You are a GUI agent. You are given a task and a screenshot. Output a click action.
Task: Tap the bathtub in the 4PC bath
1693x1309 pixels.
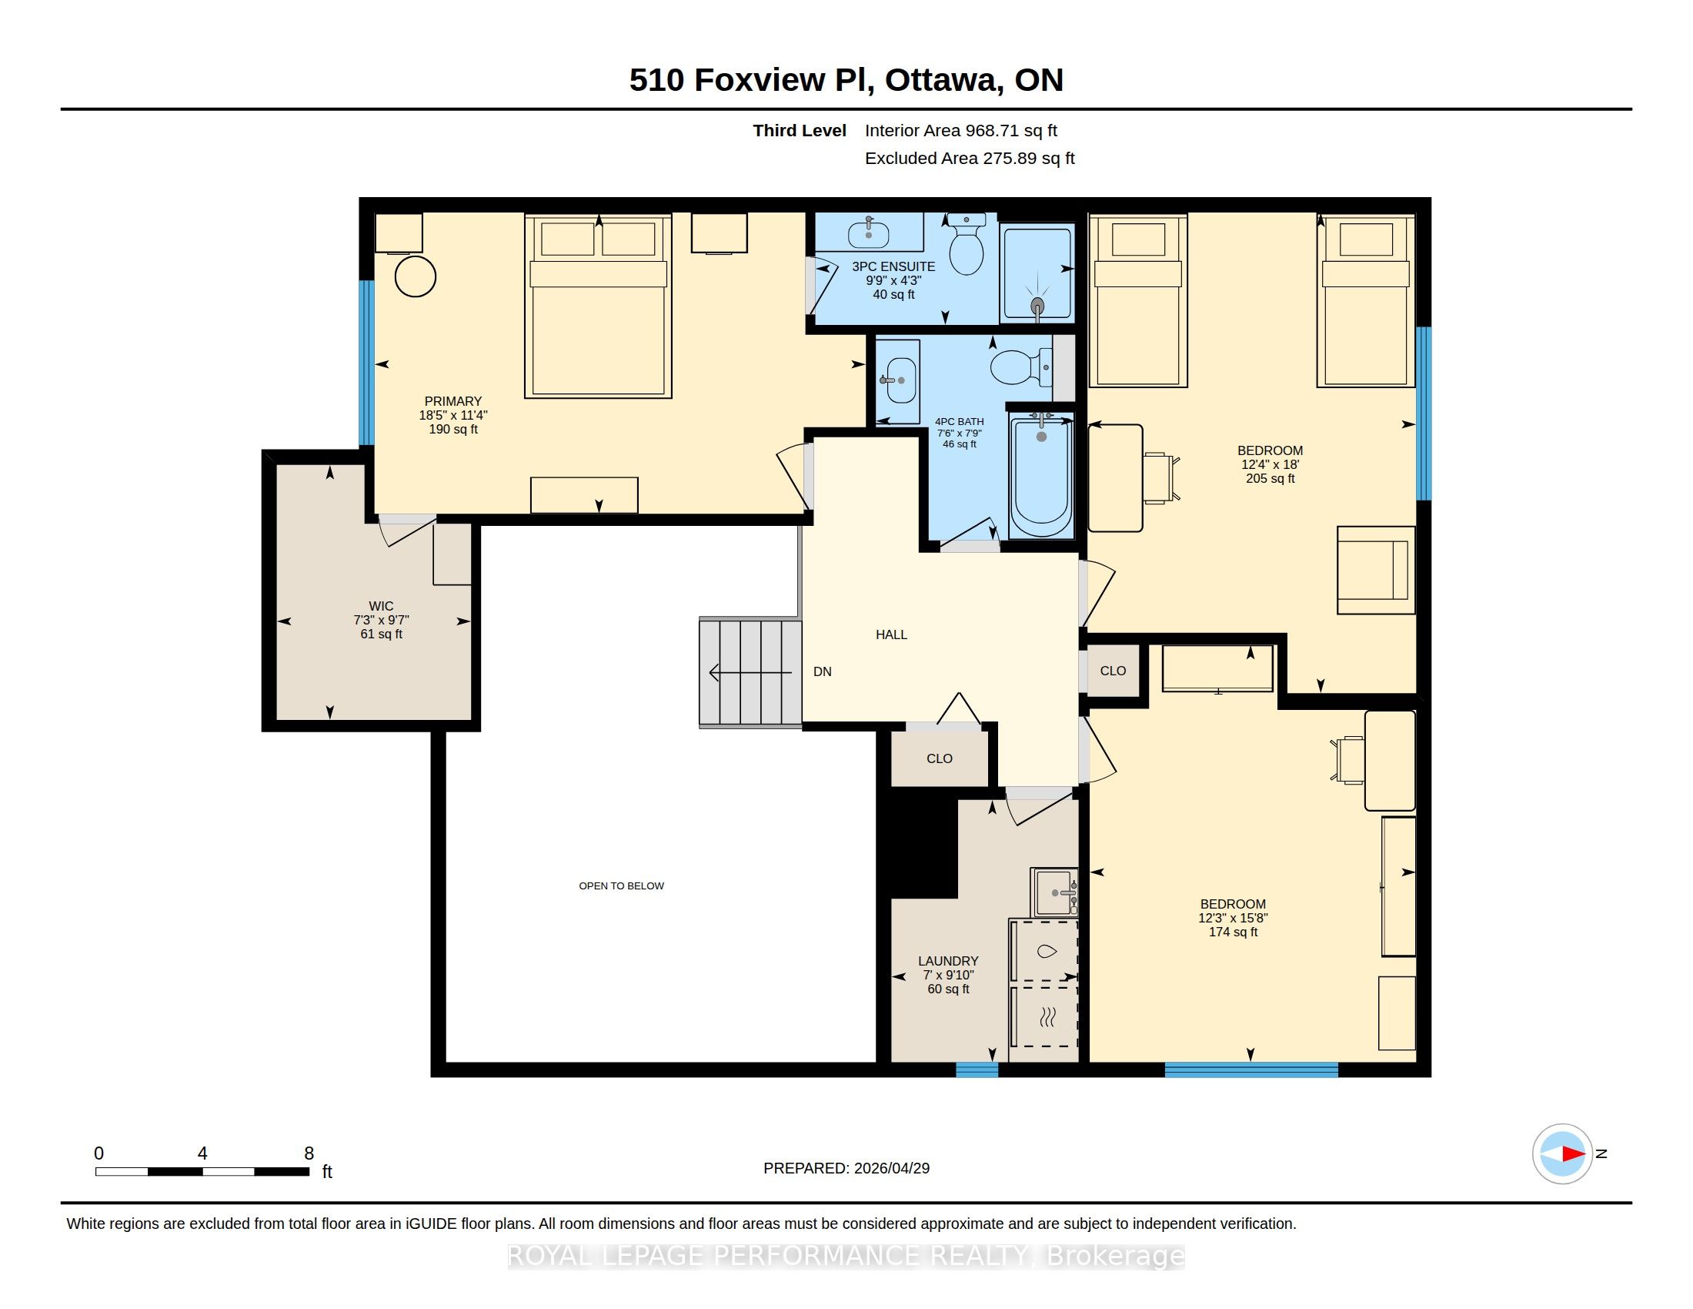1041,474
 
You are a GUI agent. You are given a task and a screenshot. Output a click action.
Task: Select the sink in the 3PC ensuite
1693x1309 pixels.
868,231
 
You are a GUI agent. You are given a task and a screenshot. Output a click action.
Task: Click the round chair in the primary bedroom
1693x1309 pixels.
416,276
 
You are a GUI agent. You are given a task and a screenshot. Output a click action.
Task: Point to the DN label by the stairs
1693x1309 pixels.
823,671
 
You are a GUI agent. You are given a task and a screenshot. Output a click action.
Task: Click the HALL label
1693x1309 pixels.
891,634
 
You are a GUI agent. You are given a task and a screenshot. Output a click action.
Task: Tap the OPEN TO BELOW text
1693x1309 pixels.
622,885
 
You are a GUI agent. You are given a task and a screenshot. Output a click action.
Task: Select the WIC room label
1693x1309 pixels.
381,606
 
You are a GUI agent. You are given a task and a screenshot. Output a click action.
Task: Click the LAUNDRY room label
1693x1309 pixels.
948,961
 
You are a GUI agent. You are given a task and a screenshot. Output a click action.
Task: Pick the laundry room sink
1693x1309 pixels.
1054,892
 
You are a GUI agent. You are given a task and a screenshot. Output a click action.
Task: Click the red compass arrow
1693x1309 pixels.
1573,1154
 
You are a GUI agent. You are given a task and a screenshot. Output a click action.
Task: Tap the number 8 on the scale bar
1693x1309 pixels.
309,1153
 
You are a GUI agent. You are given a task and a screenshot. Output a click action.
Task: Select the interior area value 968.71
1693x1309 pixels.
988,130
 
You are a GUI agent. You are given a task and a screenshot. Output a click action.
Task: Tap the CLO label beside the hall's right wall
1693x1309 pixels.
1113,671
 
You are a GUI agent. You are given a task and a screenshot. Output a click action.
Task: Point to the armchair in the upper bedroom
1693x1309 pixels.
1376,570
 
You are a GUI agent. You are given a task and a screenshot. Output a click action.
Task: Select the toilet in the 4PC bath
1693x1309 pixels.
1021,367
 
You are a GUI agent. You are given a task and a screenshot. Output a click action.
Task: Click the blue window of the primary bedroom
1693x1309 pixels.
366,363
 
